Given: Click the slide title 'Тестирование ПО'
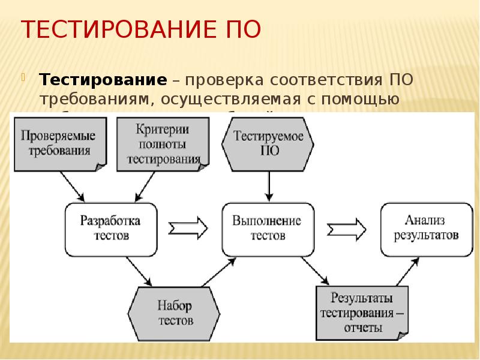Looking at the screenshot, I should click(141, 29).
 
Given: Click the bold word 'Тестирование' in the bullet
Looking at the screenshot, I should click(103, 80).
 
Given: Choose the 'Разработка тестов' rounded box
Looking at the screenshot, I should click(111, 227).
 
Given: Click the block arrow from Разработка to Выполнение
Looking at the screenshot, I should click(188, 227).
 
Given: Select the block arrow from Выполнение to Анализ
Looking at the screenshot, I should click(347, 228).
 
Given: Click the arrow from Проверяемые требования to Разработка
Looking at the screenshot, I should click(72, 186).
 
